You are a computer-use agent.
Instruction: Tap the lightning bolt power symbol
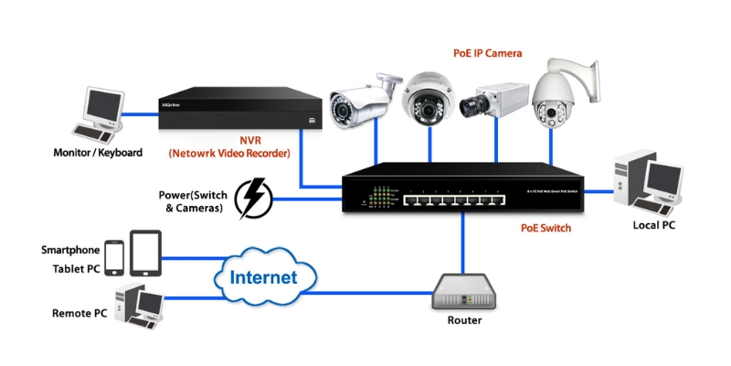pos(252,199)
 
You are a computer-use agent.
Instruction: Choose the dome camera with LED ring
pos(429,99)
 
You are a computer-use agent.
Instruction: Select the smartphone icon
pos(114,257)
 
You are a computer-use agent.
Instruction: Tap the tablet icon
pos(145,252)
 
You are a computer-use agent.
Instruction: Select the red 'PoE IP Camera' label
pos(488,54)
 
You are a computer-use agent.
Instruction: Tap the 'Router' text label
pos(464,321)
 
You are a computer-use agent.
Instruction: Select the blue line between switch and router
pos(463,242)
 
